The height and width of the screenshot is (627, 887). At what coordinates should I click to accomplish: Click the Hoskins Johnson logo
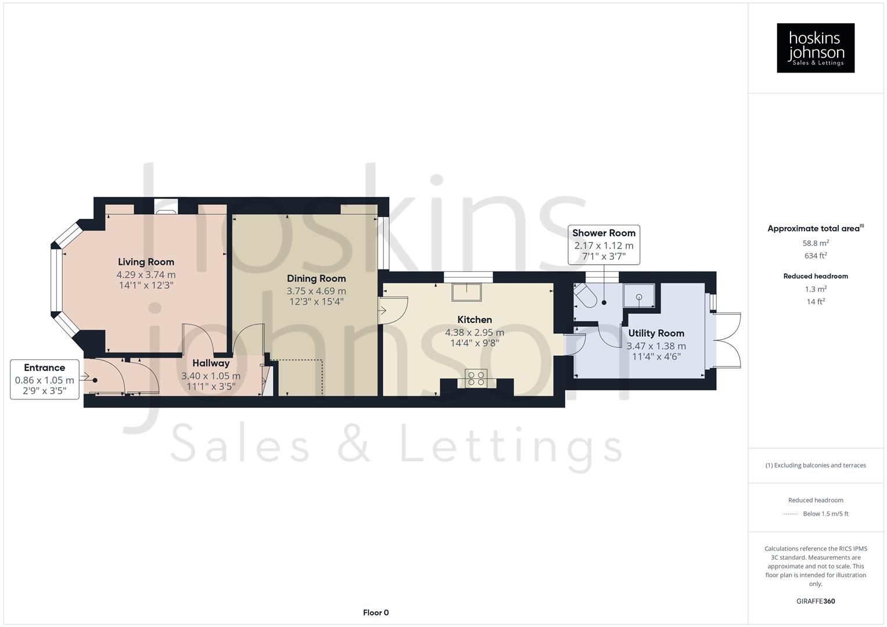tap(815, 48)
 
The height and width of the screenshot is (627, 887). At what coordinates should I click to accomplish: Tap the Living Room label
tap(146, 262)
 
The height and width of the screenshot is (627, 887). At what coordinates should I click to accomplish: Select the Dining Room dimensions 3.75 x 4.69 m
tap(316, 291)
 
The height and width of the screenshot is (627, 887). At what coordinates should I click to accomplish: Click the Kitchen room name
tap(475, 319)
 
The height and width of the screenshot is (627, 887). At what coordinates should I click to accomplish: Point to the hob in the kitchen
tap(476, 379)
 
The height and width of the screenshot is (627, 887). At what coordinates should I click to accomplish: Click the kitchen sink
tap(467, 292)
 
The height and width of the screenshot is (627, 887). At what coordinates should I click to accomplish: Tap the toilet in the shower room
tap(584, 297)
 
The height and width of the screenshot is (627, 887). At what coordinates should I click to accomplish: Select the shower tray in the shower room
tap(639, 296)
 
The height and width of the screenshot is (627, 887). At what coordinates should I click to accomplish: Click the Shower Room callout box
tap(604, 244)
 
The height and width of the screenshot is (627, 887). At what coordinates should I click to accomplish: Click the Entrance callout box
tap(45, 379)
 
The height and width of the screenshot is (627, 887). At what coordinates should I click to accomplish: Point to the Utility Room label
tap(656, 333)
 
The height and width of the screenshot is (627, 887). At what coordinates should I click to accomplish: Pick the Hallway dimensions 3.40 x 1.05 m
tap(211, 376)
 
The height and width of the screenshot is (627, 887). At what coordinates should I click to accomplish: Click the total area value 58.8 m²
tap(816, 243)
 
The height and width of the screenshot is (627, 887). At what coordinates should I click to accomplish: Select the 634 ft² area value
tap(816, 255)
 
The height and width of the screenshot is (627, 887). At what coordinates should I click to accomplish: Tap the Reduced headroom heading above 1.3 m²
tap(816, 276)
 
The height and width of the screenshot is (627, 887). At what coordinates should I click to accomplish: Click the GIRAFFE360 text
tap(816, 601)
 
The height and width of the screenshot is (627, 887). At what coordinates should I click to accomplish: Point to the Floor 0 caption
tap(376, 612)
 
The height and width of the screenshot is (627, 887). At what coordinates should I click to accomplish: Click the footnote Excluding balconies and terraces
tap(816, 465)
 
